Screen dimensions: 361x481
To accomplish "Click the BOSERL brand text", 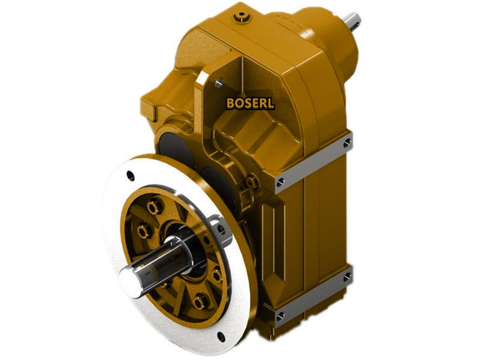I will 250,103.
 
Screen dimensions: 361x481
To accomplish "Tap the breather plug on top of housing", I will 242,17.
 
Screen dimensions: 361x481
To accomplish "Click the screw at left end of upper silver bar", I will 281,181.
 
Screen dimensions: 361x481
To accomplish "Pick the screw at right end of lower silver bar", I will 347,277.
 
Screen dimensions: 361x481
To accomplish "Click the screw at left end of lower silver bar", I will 280,315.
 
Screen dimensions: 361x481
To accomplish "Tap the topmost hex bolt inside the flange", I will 155,207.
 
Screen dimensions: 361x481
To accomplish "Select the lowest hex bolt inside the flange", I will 200,300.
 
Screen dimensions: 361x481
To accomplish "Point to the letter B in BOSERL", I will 230,103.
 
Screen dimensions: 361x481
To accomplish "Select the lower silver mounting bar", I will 313,296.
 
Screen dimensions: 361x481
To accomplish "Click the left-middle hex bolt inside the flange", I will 144,231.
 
